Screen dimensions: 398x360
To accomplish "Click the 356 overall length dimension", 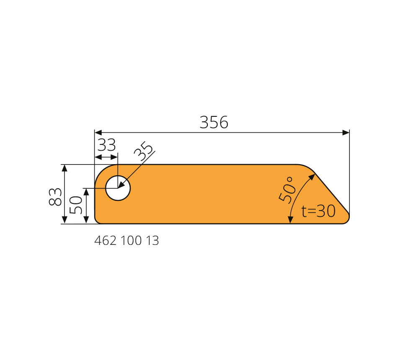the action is [x=214, y=122].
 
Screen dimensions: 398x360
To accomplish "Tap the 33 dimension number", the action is [x=107, y=145].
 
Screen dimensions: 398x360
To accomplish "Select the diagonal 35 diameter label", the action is [x=144, y=151].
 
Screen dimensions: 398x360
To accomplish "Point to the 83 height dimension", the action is [x=55, y=197].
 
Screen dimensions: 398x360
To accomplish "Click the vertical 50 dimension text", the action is [x=76, y=205].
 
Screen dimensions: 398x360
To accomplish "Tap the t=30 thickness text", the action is [x=318, y=211].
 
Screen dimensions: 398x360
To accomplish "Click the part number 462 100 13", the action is [x=127, y=241].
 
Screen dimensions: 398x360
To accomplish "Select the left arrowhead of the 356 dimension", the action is [x=98, y=132].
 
